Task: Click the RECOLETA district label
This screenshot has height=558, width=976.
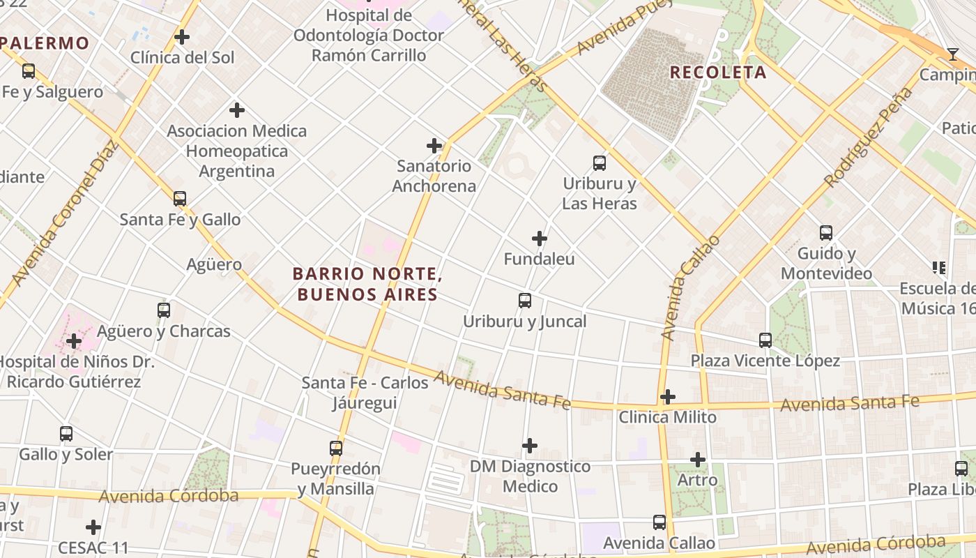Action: point(718,72)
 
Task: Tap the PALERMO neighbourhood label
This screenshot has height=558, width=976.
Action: point(45,43)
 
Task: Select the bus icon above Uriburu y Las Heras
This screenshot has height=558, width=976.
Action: point(600,163)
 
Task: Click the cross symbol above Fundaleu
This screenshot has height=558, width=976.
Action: point(540,239)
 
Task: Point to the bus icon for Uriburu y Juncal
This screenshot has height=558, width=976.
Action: point(525,301)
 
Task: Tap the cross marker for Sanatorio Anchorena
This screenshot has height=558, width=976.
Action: point(434,146)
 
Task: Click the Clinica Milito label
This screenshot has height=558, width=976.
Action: point(668,417)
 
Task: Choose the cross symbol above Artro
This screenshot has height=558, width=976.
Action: point(698,460)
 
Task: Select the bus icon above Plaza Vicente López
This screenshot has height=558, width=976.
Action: point(765,340)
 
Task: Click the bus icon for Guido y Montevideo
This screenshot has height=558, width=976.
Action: point(826,233)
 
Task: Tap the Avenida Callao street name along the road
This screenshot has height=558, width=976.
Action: point(689,288)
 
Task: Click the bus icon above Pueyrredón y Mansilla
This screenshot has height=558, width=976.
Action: point(336,448)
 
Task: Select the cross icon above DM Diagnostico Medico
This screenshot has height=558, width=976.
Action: point(530,446)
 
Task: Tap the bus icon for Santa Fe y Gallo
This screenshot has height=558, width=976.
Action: point(180,199)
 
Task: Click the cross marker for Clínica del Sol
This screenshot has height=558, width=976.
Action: point(182,37)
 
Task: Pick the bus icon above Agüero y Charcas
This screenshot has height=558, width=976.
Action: point(164,310)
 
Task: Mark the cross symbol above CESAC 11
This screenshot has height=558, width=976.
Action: point(93,527)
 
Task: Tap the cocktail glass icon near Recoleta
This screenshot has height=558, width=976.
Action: point(952,54)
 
